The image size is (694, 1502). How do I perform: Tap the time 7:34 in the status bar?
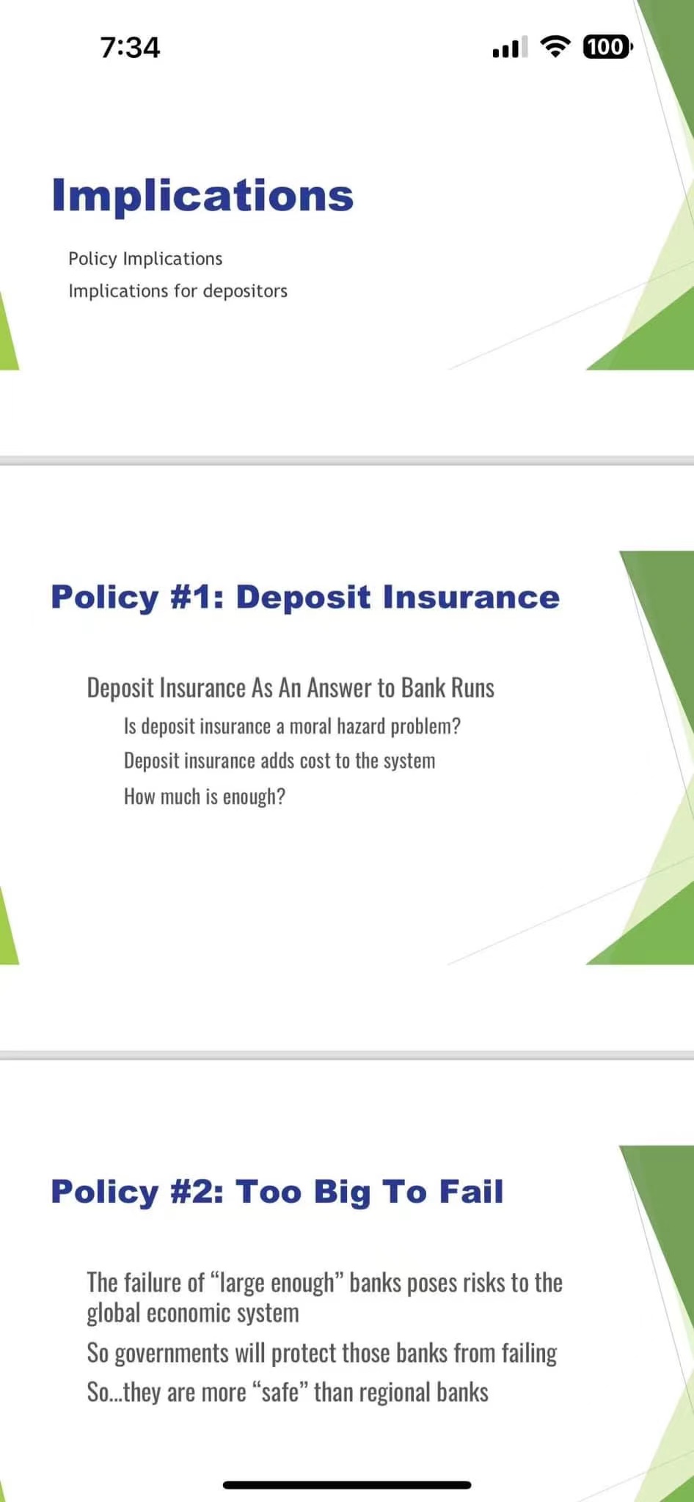tap(130, 48)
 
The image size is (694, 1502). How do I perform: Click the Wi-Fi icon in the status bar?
tap(555, 47)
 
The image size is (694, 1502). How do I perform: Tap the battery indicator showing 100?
tap(607, 47)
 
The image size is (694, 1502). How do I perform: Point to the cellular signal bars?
tap(510, 48)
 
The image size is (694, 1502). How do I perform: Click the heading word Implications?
tap(202, 195)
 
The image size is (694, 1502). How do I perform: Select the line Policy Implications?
tap(145, 258)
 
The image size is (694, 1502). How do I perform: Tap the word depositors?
tap(245, 290)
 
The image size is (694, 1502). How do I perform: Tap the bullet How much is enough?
tap(205, 796)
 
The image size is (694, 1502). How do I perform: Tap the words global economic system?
tap(193, 1313)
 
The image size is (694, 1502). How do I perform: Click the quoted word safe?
tap(280, 1392)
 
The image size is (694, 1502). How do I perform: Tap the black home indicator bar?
tap(347, 1484)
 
